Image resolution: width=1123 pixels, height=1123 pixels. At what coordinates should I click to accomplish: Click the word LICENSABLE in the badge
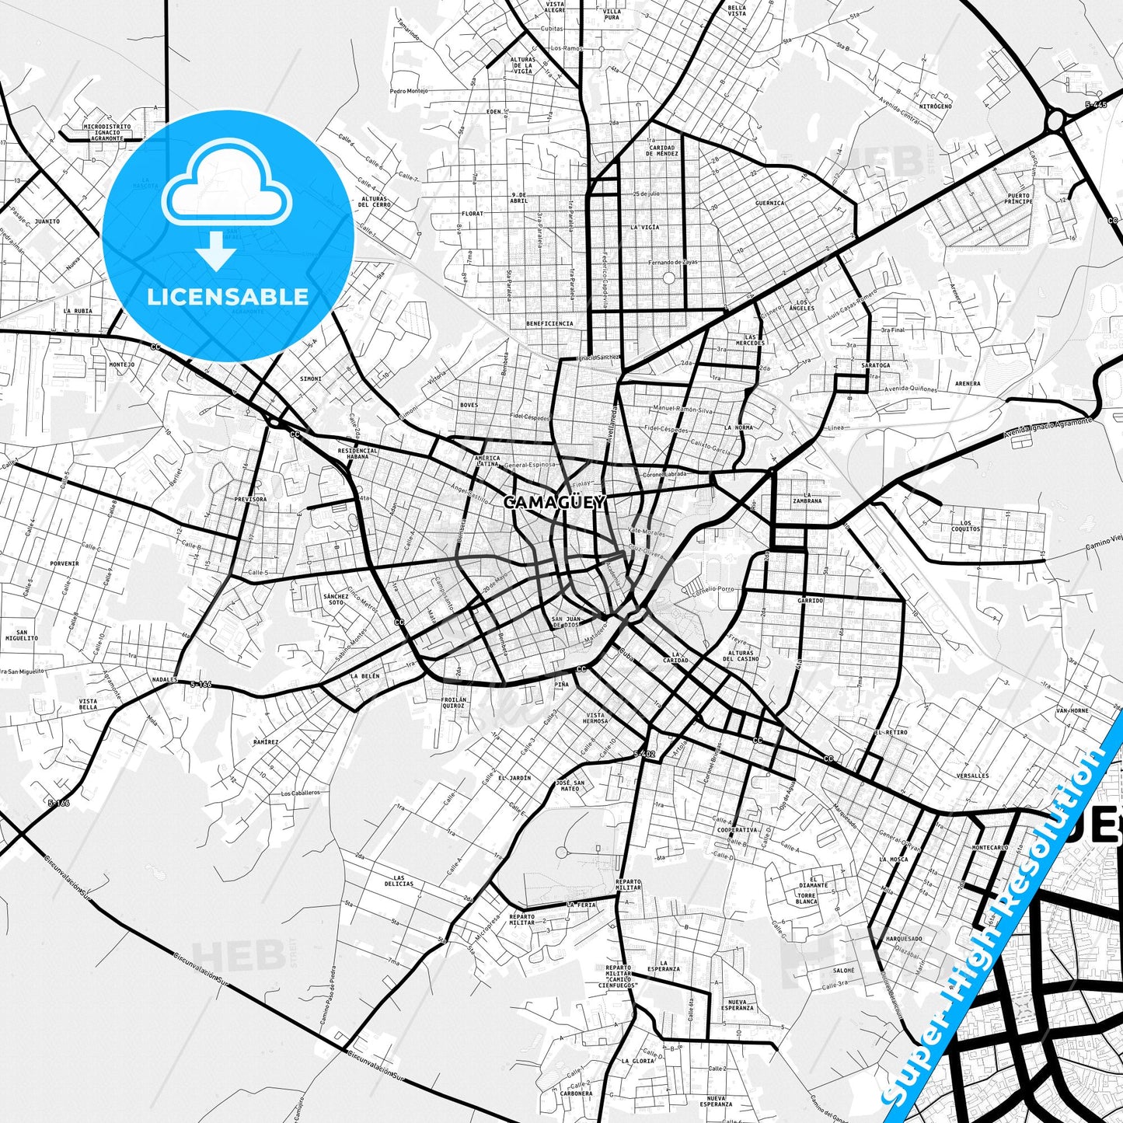[228, 296]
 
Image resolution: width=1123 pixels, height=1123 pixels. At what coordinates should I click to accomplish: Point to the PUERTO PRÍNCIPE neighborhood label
[1018, 198]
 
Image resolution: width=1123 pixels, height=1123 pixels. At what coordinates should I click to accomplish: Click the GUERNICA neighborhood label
[769, 203]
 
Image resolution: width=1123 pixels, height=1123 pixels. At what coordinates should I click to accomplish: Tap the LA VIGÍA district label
[644, 227]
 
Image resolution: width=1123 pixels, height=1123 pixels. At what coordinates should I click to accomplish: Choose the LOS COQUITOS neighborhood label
[965, 526]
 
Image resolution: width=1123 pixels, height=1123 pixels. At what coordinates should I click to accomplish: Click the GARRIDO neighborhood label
[809, 601]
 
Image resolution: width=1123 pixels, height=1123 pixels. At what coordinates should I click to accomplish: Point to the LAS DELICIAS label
[399, 881]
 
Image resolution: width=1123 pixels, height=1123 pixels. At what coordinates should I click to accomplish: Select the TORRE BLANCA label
[806, 898]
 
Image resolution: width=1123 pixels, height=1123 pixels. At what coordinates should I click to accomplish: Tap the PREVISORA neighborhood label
[249, 500]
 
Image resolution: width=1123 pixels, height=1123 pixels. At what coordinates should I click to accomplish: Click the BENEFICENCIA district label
[549, 323]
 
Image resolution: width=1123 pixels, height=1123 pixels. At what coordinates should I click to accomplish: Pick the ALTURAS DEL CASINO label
[741, 656]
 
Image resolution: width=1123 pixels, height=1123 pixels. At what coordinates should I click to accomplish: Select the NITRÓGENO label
[935, 106]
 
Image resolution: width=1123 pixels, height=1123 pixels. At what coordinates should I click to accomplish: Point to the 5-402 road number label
[644, 754]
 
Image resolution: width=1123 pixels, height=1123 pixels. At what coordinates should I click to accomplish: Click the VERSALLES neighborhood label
[973, 776]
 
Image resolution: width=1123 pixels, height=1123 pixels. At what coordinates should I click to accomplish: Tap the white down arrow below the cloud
[217, 252]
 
